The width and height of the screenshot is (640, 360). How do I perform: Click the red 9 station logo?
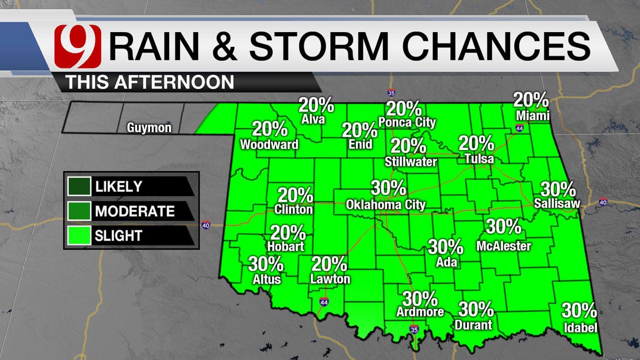(x=78, y=46)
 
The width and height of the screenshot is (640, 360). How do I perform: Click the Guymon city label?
(x=149, y=128)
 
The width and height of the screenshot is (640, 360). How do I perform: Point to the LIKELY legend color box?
(x=79, y=187)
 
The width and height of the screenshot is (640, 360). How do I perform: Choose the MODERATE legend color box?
(x=79, y=211)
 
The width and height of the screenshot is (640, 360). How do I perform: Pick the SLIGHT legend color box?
(x=79, y=235)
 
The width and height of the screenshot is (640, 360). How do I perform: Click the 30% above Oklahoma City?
(x=388, y=188)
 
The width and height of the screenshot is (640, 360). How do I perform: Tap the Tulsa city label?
(x=478, y=159)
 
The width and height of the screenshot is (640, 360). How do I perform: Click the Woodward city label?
(x=269, y=144)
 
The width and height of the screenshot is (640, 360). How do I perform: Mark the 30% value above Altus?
(x=265, y=263)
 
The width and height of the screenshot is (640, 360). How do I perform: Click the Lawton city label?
(x=330, y=279)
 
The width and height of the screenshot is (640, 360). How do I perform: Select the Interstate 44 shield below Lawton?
(x=323, y=301)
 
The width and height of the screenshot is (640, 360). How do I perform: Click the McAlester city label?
(x=503, y=245)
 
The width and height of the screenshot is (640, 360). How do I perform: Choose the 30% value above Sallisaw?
(x=558, y=189)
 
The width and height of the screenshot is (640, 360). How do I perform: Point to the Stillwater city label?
(x=411, y=161)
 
